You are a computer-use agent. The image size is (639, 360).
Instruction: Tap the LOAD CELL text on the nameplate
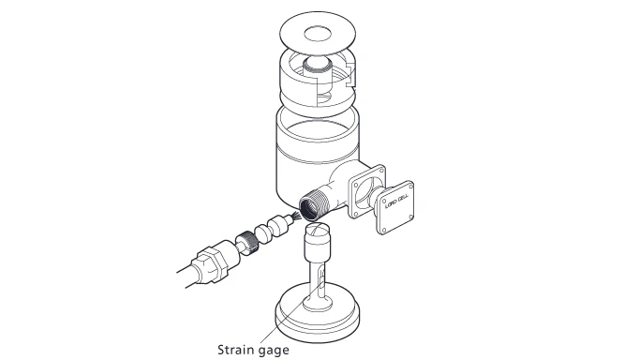396,202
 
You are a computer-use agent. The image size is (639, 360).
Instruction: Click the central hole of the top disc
319,34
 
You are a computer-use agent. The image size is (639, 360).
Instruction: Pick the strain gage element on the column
321,281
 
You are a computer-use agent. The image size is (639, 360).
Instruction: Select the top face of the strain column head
318,231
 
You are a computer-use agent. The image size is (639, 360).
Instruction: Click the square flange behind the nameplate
366,191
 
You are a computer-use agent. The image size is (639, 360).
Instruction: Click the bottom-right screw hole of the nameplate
410,217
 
